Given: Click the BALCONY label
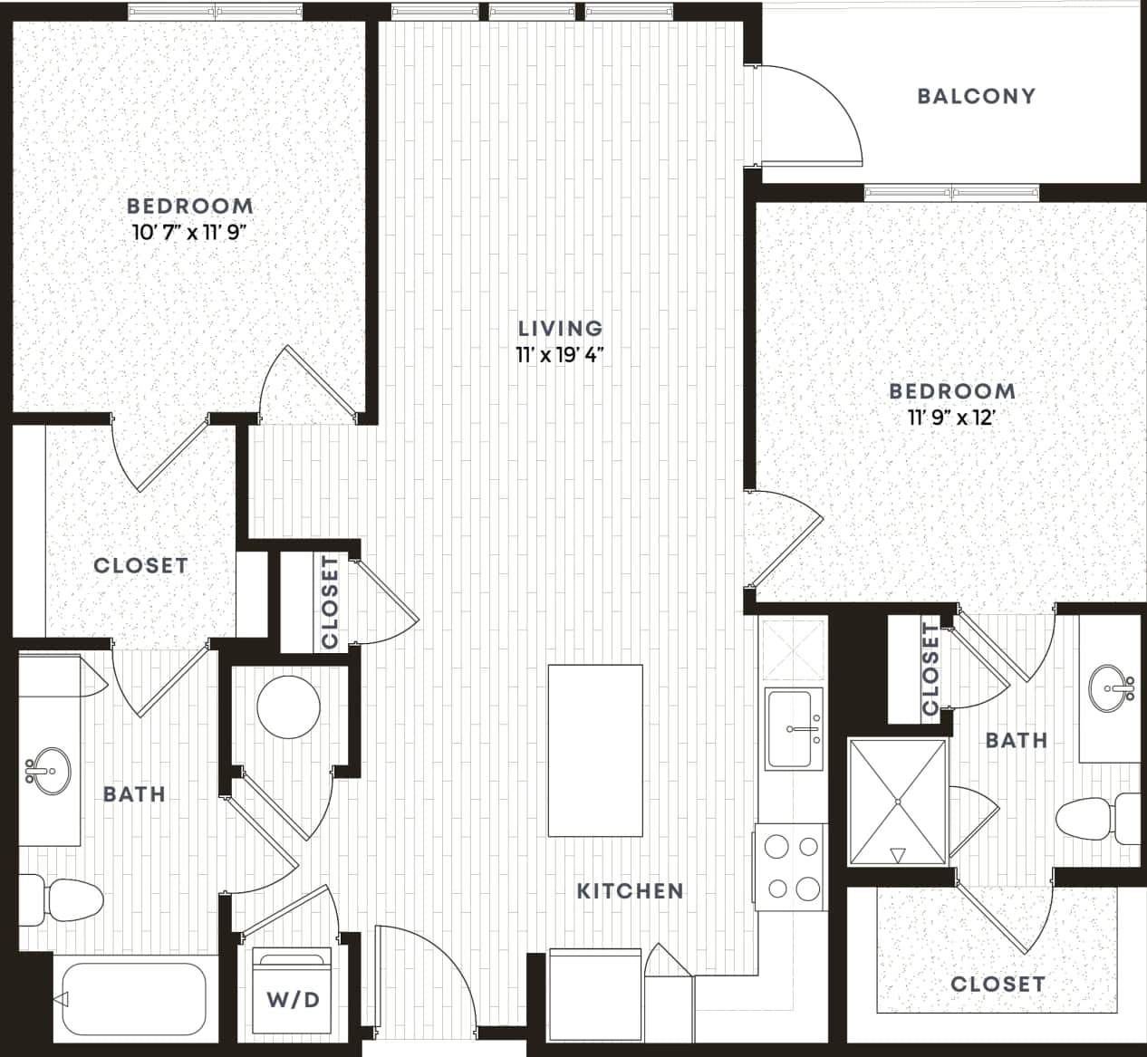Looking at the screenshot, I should pyautogui.click(x=976, y=96).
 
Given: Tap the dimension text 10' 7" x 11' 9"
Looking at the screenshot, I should pyautogui.click(x=189, y=232).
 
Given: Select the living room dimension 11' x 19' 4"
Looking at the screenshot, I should pyautogui.click(x=560, y=354).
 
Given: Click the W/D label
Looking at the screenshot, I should pyautogui.click(x=294, y=1000).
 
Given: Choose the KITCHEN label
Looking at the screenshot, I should pyautogui.click(x=631, y=890).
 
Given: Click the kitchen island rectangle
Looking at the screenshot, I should pyautogui.click(x=595, y=752).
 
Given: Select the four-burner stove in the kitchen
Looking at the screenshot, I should pyautogui.click(x=791, y=867).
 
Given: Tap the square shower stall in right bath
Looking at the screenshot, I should pyautogui.click(x=898, y=802).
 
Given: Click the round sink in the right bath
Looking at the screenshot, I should pyautogui.click(x=1112, y=687).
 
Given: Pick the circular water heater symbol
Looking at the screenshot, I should pyautogui.click(x=288, y=706).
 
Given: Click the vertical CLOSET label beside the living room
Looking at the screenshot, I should pyautogui.click(x=329, y=601).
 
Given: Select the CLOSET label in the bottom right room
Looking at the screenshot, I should pyautogui.click(x=998, y=984).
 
